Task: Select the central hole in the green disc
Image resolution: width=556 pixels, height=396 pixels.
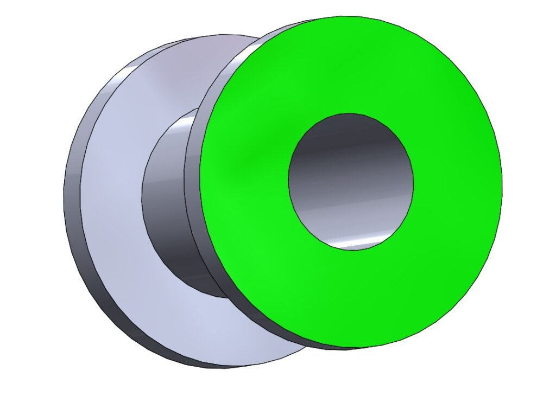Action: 351,182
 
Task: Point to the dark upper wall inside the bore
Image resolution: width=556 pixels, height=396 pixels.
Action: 347,136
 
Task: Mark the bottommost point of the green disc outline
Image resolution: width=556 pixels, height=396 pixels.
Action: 347,348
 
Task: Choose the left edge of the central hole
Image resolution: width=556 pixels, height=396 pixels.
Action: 288,182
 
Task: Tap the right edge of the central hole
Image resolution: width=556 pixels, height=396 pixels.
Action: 413,182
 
